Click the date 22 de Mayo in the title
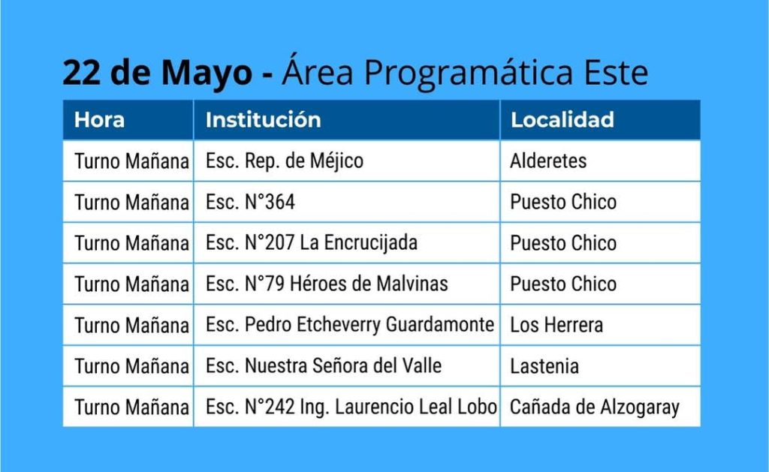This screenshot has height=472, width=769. (x=157, y=73)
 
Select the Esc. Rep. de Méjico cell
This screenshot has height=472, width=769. (x=285, y=161)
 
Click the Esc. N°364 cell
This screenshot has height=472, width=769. (x=250, y=202)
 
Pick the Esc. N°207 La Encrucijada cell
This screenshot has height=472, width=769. (x=312, y=243)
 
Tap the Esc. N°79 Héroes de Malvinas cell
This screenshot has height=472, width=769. (x=327, y=284)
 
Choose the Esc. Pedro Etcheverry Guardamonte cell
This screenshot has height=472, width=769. (x=350, y=325)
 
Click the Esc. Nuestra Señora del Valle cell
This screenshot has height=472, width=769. (x=323, y=366)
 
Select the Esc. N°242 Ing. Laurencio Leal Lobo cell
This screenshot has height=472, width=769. (x=351, y=407)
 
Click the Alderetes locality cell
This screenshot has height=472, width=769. (x=548, y=161)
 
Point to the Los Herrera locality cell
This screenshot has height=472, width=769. (x=556, y=325)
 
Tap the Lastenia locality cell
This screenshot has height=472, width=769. (x=544, y=366)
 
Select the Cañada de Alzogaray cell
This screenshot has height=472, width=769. (x=595, y=407)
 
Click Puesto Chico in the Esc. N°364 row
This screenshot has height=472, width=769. (x=563, y=202)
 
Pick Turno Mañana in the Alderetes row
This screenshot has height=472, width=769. (x=131, y=161)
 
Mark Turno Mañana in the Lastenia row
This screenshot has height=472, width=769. (x=131, y=366)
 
